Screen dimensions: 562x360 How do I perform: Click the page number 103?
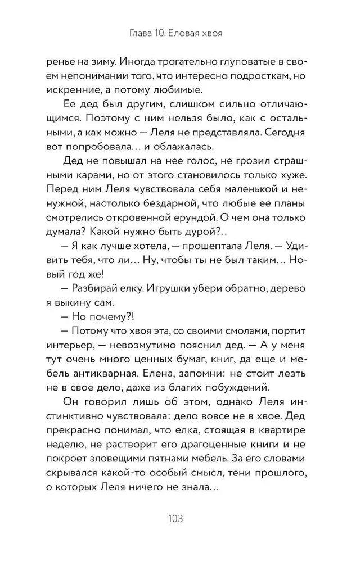[180, 517]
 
